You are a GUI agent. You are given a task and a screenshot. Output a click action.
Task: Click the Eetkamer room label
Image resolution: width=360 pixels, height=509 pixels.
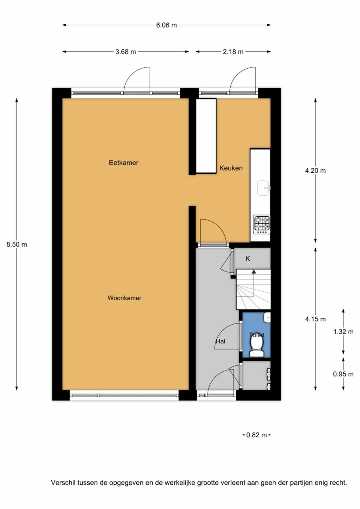(123, 163)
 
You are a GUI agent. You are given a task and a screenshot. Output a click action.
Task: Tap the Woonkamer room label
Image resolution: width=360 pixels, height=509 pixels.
(124, 298)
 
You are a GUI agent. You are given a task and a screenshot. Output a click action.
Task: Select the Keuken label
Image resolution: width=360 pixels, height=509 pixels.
(231, 168)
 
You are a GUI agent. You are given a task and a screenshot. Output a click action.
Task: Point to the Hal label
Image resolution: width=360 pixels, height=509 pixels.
(220, 341)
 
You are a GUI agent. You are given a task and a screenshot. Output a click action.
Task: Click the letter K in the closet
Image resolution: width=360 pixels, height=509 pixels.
(247, 259)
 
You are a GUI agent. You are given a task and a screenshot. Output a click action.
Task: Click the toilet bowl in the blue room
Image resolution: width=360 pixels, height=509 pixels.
(256, 350)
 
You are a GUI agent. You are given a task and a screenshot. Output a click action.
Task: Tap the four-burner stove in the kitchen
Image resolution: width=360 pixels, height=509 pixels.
(262, 224)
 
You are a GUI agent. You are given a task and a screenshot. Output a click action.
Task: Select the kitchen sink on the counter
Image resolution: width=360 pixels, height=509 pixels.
(263, 187)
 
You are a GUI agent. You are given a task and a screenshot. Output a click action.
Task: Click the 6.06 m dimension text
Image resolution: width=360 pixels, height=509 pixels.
(166, 25)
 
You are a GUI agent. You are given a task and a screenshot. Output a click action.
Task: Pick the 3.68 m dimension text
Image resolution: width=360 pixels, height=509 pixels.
(126, 52)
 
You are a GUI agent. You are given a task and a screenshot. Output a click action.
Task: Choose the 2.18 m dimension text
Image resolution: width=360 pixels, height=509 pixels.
(233, 52)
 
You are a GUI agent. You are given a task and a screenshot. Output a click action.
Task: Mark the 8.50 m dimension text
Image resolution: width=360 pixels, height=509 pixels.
(16, 244)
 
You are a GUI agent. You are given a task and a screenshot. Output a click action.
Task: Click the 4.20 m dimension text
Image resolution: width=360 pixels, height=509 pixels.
(315, 171)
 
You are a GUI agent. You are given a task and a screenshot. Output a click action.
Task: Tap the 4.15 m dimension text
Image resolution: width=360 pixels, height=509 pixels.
(315, 319)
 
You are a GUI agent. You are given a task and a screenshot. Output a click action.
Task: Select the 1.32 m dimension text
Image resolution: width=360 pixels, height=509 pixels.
(343, 332)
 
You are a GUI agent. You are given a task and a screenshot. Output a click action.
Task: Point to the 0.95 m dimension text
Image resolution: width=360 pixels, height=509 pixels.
(343, 374)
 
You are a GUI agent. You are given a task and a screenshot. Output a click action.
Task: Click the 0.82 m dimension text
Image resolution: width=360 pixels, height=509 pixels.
(256, 435)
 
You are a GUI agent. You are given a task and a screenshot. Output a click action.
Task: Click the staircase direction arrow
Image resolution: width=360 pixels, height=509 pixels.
(254, 272)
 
